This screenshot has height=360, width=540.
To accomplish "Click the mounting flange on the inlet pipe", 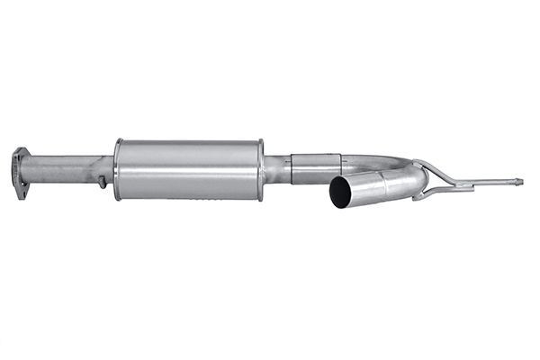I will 19,170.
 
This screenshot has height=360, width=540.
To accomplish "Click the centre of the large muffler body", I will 189,169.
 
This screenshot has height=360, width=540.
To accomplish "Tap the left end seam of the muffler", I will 118,169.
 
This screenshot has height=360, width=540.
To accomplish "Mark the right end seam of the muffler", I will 260,169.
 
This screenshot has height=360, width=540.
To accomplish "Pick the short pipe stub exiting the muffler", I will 276,169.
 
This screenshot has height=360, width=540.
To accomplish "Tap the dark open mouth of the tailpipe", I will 341,193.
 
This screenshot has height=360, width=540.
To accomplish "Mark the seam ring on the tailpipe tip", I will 384,184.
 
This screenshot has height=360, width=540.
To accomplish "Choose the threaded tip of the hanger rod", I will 518,182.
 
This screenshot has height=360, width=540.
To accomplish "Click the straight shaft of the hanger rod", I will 490,184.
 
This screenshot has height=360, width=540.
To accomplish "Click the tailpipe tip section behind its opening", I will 364,187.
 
